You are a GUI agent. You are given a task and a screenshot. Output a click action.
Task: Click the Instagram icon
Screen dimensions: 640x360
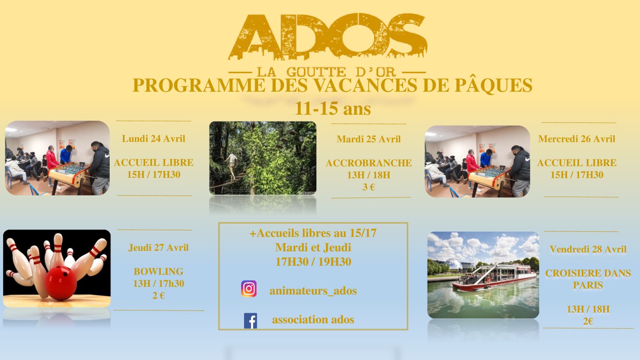249,289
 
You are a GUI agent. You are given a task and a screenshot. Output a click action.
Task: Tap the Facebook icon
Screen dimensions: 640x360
250,321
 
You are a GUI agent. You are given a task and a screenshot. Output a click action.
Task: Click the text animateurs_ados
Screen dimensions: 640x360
313,291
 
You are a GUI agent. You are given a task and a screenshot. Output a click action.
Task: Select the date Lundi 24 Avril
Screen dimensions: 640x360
154,139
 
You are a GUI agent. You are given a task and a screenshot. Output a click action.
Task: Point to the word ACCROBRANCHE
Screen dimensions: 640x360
369,163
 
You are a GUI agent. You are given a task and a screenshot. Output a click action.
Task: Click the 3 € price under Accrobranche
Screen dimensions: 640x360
369,187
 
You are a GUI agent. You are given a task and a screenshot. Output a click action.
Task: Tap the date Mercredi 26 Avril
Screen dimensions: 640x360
576,139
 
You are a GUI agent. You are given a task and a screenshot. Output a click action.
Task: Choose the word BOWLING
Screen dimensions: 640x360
159,271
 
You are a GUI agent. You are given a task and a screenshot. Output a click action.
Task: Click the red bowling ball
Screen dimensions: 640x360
61,283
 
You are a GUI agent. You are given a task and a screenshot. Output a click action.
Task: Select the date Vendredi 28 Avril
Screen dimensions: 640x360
588,249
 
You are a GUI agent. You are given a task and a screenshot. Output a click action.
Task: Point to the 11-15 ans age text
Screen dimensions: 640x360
332,109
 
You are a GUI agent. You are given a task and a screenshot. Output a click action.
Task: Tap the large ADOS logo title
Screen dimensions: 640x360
327,37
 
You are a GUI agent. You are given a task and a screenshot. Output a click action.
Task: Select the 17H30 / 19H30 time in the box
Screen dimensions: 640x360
313,262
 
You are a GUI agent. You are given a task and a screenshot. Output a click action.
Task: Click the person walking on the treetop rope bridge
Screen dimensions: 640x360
233,166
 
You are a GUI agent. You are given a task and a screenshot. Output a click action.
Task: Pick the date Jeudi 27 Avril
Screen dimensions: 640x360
159,247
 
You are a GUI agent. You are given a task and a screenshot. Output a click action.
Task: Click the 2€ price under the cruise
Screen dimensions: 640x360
588,322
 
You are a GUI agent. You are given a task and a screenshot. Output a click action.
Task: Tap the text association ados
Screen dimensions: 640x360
313,319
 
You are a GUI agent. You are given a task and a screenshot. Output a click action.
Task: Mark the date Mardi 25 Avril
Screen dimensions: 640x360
369,139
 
